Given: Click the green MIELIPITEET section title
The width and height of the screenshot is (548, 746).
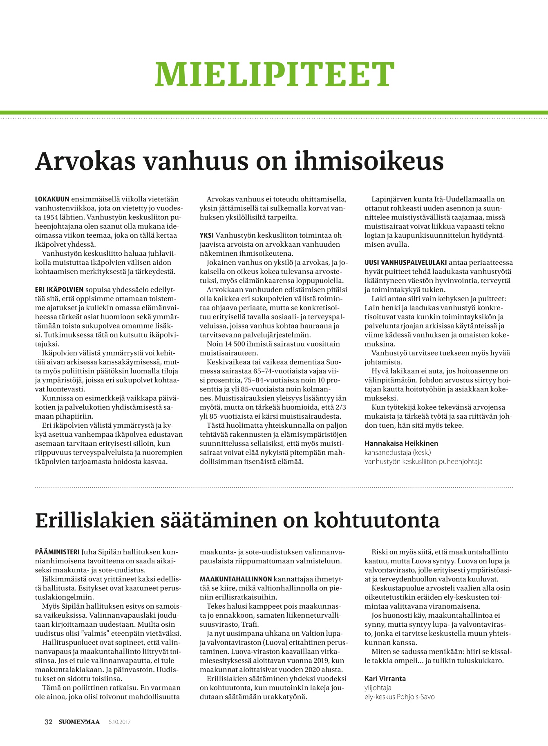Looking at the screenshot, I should (274, 74).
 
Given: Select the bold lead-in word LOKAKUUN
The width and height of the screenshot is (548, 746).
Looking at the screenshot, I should (52, 199).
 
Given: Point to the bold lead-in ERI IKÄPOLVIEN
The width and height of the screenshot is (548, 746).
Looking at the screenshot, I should (59, 290).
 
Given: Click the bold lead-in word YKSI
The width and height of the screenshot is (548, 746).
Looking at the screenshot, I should (206, 236).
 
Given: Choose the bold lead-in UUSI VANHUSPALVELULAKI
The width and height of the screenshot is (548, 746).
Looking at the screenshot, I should (405, 263).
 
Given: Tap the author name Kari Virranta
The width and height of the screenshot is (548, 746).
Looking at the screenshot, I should (385, 679).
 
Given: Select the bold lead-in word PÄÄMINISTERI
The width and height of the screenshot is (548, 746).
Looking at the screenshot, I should (57, 552).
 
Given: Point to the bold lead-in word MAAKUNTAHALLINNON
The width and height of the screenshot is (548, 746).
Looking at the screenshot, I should (235, 579).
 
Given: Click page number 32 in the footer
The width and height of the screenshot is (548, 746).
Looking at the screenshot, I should (49, 722).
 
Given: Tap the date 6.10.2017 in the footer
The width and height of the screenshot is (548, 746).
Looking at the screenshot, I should (119, 722).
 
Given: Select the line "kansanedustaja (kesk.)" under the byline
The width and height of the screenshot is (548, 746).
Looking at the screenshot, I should (398, 452).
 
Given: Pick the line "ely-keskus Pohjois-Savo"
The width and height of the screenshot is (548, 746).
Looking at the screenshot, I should (399, 697).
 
